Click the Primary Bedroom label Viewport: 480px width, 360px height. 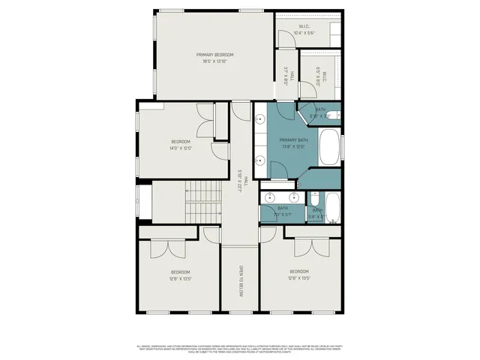214,55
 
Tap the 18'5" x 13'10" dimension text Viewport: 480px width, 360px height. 214,61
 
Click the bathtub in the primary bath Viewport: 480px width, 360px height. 329,148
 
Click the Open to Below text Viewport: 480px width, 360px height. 241,281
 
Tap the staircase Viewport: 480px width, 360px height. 202,202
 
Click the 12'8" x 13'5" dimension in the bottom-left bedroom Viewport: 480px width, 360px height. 181,278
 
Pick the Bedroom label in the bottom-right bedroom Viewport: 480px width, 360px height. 298,271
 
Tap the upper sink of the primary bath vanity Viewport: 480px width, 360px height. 260,120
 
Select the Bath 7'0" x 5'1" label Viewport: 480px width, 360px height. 283,211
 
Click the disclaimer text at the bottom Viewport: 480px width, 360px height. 240,349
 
